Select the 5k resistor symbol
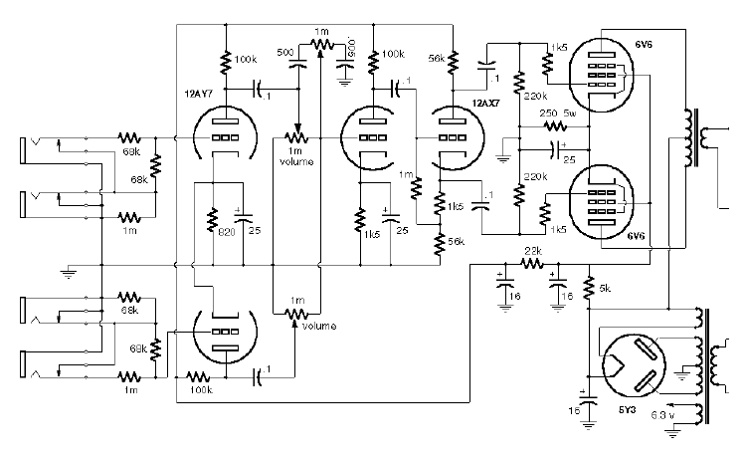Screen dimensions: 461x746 (x=589, y=287)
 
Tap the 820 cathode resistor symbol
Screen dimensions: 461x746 (x=212, y=217)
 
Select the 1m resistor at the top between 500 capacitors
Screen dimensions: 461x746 (x=320, y=44)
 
